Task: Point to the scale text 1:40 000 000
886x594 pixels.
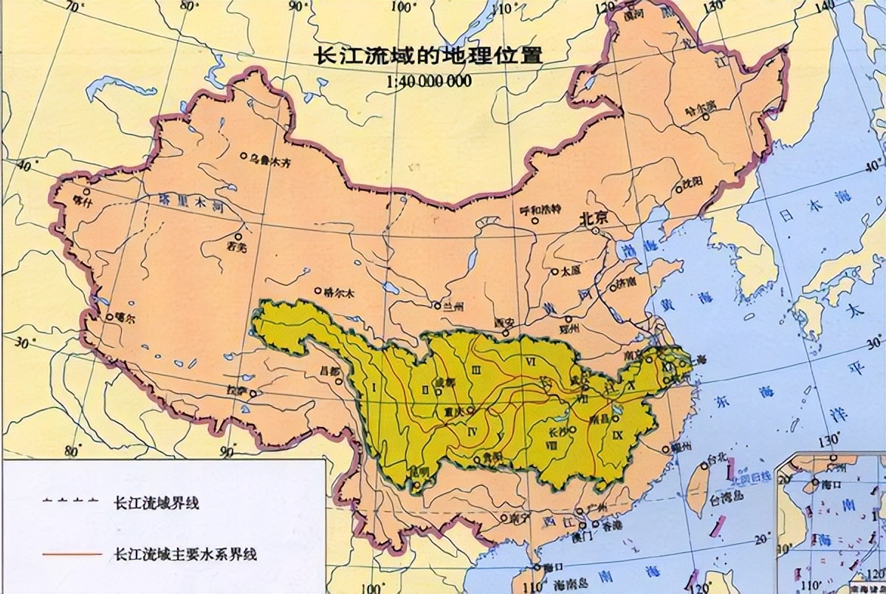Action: pyautogui.click(x=428, y=81)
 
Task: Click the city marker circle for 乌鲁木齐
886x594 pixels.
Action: pyautogui.click(x=244, y=156)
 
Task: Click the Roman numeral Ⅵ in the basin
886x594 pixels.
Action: pyautogui.click(x=530, y=361)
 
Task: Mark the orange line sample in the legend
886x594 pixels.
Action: pyautogui.click(x=71, y=553)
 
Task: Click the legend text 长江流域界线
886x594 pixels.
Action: pyautogui.click(x=157, y=505)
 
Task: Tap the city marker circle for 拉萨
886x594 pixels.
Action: pyautogui.click(x=254, y=394)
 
